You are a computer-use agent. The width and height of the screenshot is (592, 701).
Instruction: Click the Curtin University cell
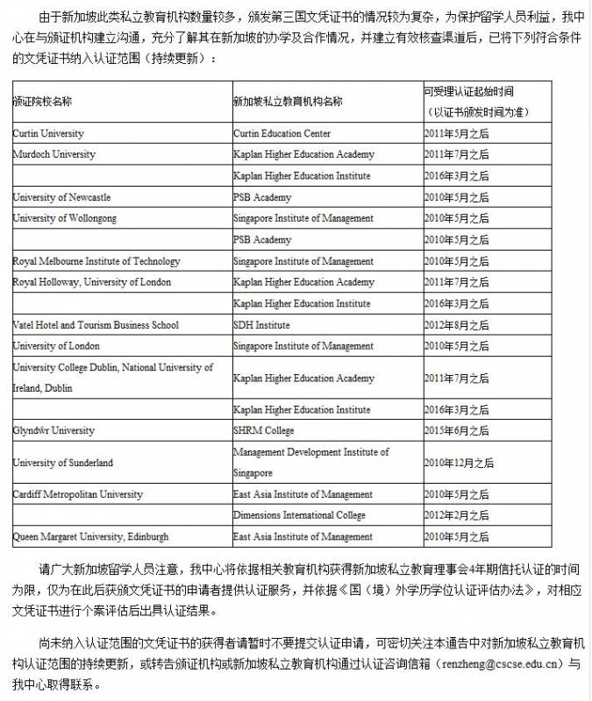(49, 133)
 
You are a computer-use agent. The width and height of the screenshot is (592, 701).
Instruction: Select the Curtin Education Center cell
(282, 133)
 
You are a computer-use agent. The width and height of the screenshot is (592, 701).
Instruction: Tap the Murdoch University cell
(53, 154)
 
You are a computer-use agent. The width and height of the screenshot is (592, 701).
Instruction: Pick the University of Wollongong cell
(64, 218)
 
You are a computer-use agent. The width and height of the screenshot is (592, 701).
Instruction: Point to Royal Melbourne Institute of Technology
(96, 261)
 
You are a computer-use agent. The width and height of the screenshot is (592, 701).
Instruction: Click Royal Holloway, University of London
(92, 282)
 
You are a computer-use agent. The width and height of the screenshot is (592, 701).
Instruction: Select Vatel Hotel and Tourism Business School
(96, 325)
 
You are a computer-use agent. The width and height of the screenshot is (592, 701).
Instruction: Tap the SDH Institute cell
(261, 325)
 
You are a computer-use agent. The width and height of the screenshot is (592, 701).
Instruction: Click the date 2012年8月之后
(456, 325)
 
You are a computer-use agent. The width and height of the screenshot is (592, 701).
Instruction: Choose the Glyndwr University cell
(53, 431)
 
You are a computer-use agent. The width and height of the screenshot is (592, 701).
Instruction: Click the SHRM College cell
(264, 431)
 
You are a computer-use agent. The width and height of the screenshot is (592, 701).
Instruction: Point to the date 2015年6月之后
(456, 431)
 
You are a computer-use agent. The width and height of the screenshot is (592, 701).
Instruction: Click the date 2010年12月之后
(459, 463)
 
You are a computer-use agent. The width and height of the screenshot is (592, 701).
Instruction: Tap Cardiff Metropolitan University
(78, 494)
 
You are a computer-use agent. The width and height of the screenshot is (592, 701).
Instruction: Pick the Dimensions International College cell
(299, 515)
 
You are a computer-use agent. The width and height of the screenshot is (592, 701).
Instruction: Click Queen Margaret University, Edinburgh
(90, 536)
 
